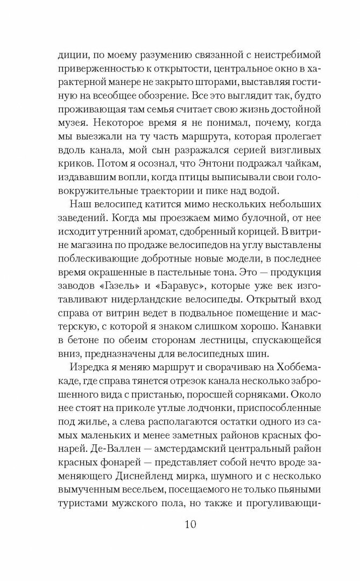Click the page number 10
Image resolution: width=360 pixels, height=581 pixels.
[x=180, y=523]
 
